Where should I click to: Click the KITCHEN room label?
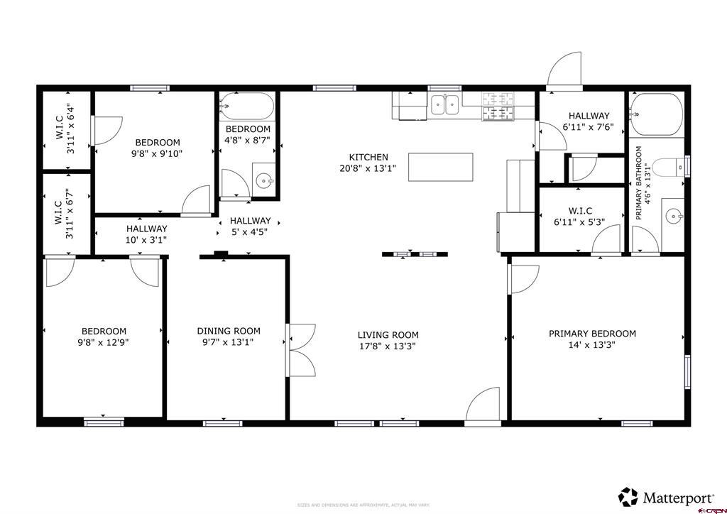point(368,157)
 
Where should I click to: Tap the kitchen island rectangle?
point(440,167)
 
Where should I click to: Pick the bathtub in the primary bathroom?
point(657,114)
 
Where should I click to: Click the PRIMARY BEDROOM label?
point(592,333)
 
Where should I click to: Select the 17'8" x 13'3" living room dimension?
point(388,346)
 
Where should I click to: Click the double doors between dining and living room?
point(302,350)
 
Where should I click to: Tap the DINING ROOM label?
point(228,330)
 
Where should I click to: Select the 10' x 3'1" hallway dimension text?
point(146,240)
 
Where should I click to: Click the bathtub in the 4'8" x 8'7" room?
point(246,107)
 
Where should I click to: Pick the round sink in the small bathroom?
point(264,180)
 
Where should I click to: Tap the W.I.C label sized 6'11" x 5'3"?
point(580,211)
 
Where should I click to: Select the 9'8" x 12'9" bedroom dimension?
point(104,341)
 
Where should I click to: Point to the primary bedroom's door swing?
point(523,278)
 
